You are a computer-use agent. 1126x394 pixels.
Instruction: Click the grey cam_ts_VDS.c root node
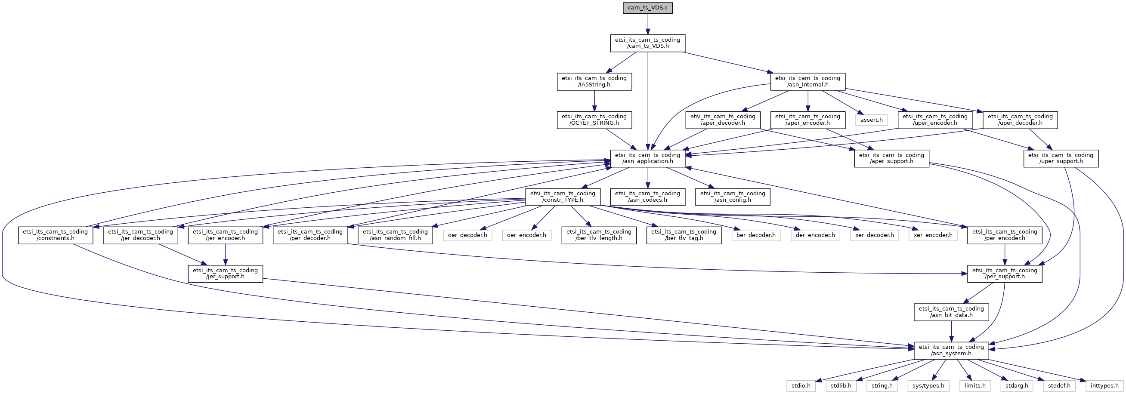pos(647,8)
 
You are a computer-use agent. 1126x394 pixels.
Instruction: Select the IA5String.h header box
pos(594,82)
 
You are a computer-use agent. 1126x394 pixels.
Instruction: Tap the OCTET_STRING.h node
pos(594,120)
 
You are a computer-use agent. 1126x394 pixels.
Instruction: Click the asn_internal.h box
pos(807,82)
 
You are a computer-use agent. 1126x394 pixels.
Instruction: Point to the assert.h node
pos(871,120)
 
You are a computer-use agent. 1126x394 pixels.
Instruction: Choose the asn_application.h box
pos(647,159)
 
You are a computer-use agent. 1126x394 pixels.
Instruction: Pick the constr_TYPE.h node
pos(563,197)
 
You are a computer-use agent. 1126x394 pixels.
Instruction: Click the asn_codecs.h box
pos(647,197)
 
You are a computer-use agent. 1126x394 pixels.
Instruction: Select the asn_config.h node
pos(733,197)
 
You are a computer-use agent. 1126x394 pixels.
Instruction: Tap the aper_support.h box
pos(891,159)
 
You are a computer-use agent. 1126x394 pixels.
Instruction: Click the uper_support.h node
pos(1061,159)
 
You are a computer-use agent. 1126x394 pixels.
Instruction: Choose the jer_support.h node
pos(225,274)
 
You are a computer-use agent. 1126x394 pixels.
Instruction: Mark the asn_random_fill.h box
pos(395,235)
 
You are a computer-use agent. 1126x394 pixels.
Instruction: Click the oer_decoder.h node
pos(467,235)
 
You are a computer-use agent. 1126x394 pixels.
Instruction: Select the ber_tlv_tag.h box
pos(684,235)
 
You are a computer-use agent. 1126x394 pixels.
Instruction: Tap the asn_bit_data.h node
pos(951,312)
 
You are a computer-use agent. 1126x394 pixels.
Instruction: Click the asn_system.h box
pos(951,351)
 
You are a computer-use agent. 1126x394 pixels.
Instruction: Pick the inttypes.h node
pos(1104,386)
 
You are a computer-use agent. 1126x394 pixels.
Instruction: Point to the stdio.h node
pos(801,386)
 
